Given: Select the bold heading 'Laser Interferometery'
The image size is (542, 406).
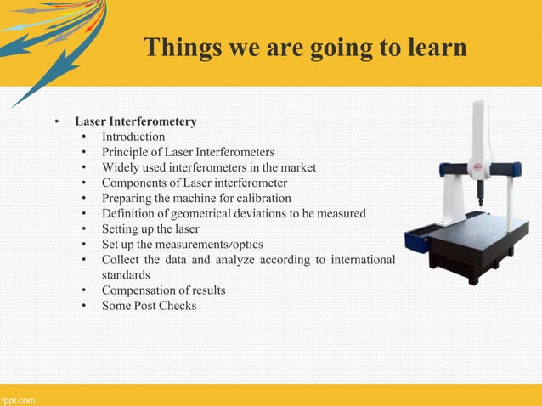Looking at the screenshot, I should pos(136,121).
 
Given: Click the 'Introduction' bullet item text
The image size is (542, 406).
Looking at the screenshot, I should pos(133,137).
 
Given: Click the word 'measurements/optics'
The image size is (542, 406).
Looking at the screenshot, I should pos(212,244).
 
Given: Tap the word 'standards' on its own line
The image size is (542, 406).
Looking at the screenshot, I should pos(126,275).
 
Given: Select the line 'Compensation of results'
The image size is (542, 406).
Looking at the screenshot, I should pos(164,290).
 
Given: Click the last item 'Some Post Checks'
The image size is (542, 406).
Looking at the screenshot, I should pos(149,306).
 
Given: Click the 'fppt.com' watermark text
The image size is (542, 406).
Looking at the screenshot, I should pos(18,399).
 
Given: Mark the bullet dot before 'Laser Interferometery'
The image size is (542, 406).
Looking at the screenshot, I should pos(57,122).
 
